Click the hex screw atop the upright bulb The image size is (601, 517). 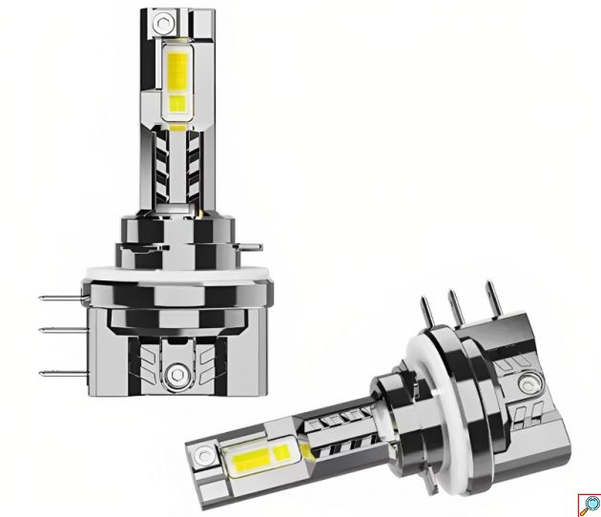[169, 20]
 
